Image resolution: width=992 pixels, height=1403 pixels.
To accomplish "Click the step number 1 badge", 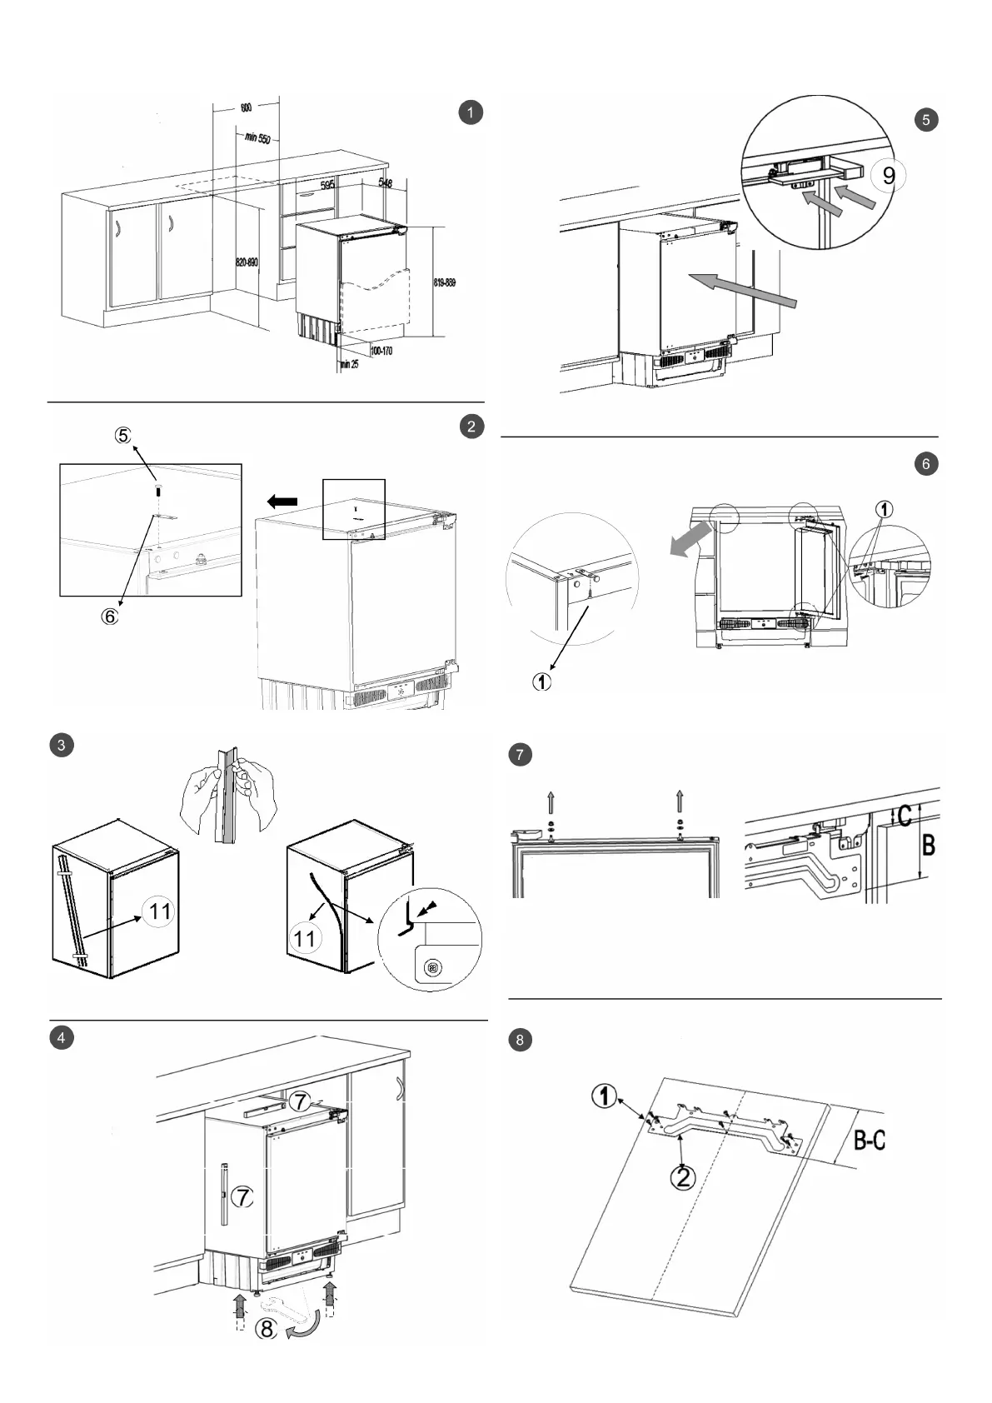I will point(471,112).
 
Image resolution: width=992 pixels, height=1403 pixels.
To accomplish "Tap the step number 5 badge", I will point(925,120).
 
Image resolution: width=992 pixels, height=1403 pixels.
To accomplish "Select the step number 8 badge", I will point(520,1040).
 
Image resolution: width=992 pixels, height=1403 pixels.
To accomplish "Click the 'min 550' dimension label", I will point(257,137).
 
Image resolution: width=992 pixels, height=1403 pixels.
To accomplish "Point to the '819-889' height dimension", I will point(445,282).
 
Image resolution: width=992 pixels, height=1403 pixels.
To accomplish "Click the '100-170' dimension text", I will point(381,351).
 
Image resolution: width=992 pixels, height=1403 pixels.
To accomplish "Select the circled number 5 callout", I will point(123,435).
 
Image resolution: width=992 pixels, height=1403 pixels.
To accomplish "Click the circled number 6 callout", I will point(111,617).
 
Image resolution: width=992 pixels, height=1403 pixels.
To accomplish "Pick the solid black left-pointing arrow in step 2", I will point(282,501).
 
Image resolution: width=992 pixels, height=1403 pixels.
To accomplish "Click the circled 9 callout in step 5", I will point(889,176).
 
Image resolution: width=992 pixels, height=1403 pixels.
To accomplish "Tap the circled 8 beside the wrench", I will point(266,1328).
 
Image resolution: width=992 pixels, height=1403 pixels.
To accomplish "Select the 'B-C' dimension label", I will point(870,1139).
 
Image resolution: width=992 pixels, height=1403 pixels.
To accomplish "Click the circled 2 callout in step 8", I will point(683,1177).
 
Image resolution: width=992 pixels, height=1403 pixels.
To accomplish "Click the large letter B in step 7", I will point(929,846).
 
